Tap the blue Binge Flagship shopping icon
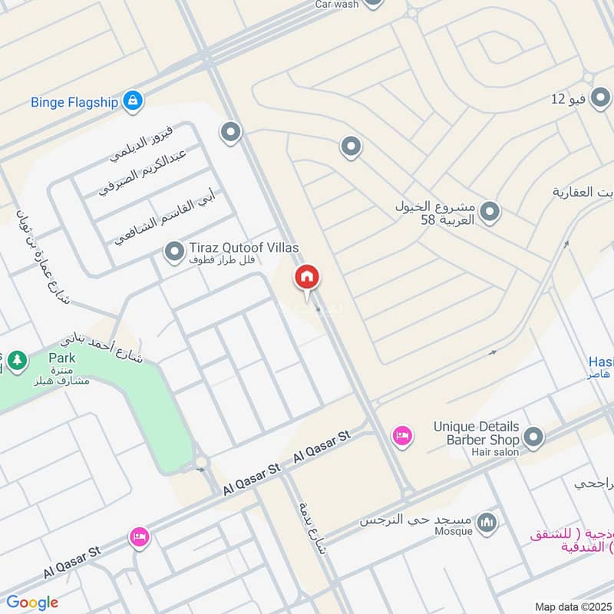coord(133,101)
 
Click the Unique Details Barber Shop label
coord(476,433)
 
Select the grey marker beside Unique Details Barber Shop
coord(533,439)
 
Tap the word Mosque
coord(454,530)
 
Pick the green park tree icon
coord(17,359)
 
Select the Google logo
coord(32,602)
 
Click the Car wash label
coord(337,4)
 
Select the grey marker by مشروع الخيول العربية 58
coord(490,210)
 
